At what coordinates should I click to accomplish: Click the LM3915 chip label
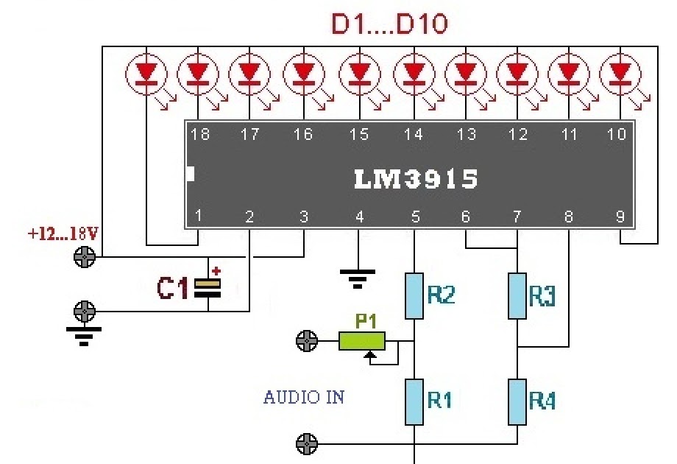(x=417, y=179)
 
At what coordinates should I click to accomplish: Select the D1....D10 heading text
(x=389, y=24)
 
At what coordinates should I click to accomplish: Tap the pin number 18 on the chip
(x=199, y=134)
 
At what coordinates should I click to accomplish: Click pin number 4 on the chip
(x=359, y=217)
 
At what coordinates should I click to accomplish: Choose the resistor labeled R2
(x=414, y=295)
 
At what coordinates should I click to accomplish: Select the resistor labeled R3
(x=518, y=295)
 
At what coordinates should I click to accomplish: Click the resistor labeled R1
(x=414, y=401)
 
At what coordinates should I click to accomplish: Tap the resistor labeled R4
(x=518, y=401)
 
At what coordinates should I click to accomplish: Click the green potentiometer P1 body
(x=362, y=340)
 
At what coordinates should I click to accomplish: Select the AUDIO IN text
(x=304, y=398)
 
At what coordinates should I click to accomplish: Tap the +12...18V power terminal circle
(x=86, y=257)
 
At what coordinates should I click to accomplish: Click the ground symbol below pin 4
(x=358, y=277)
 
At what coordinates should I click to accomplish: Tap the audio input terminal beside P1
(x=306, y=340)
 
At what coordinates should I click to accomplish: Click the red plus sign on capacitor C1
(x=216, y=271)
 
